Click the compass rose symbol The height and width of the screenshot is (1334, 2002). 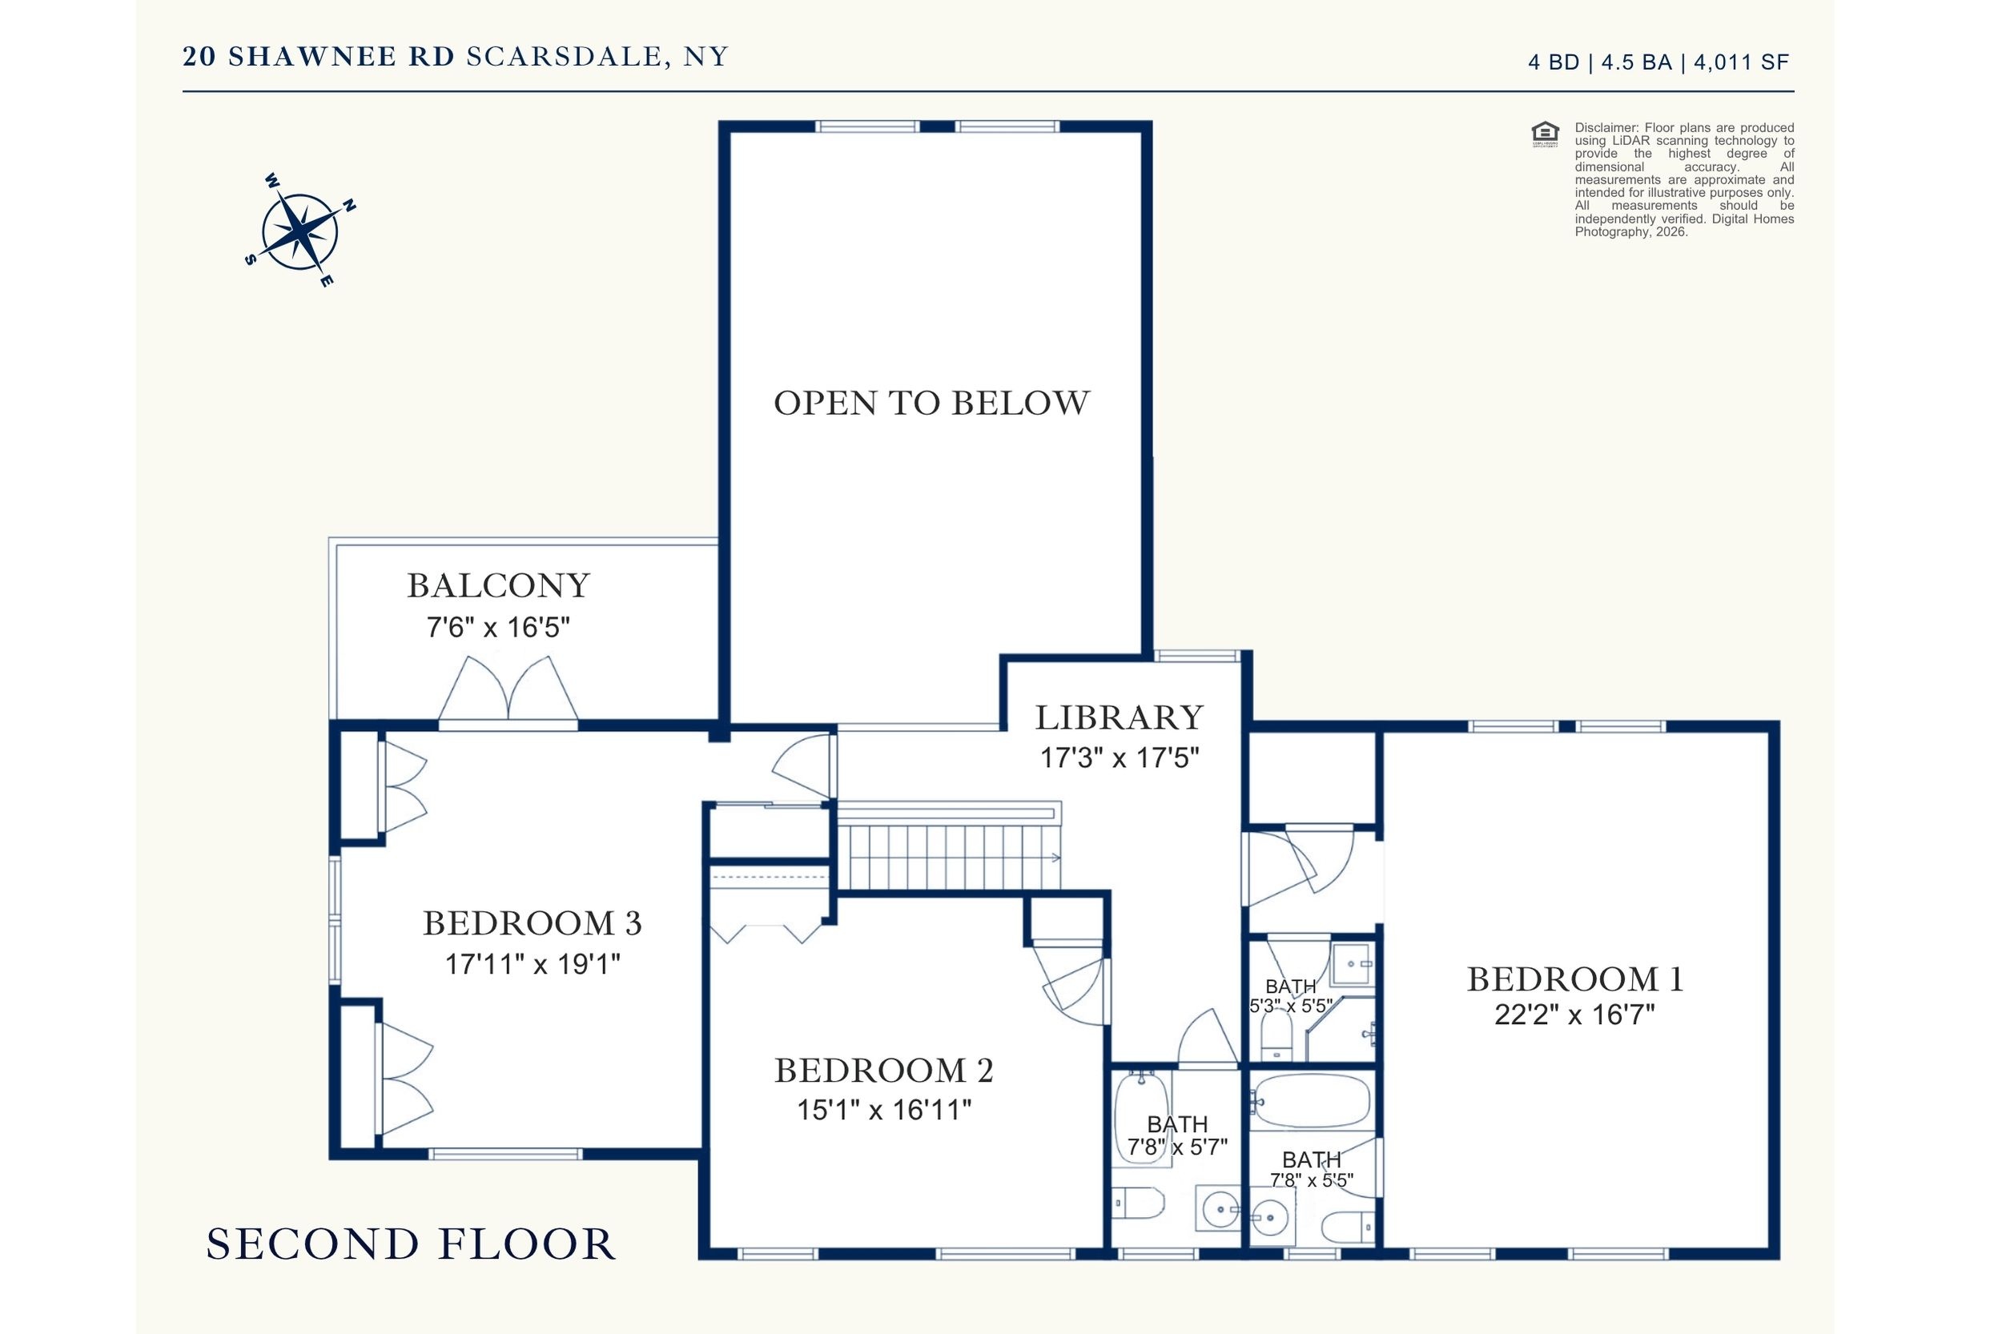click(x=299, y=231)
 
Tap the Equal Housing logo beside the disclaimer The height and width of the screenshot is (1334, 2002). click(x=1545, y=135)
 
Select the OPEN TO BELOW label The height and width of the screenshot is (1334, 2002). click(x=931, y=404)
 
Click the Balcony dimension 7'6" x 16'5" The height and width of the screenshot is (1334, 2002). click(x=498, y=628)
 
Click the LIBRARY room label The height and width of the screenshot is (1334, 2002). click(x=1119, y=717)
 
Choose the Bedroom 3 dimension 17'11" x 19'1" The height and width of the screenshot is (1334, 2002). click(x=533, y=964)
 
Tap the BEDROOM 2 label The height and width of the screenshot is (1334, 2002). click(x=884, y=1071)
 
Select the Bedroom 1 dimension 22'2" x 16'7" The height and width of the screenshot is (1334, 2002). click(x=1575, y=1015)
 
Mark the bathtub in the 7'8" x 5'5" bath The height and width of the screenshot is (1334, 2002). click(x=1311, y=1100)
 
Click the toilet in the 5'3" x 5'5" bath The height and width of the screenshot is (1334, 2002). click(x=1276, y=1035)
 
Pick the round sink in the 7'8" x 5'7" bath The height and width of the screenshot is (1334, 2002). click(x=1220, y=1208)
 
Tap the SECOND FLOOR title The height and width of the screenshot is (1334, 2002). click(x=411, y=1244)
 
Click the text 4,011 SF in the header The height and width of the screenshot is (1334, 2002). click(x=1741, y=62)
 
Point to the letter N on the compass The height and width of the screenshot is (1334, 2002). click(x=348, y=206)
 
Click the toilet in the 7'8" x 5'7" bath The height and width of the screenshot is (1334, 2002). click(x=1139, y=1203)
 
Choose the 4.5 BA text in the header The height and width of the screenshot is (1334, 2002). click(x=1636, y=62)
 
